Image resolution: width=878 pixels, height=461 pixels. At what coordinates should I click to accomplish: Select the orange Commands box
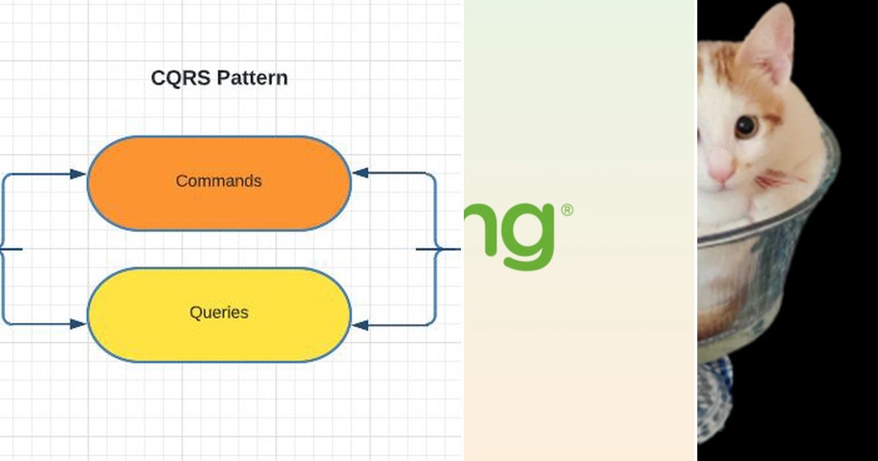point(219,182)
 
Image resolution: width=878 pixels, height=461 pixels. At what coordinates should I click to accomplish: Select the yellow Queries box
point(219,314)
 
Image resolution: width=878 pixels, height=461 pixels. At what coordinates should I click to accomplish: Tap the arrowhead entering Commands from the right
point(361,173)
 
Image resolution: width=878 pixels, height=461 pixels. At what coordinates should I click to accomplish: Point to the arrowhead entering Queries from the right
point(361,324)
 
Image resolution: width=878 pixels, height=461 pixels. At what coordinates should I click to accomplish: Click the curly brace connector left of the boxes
point(4,249)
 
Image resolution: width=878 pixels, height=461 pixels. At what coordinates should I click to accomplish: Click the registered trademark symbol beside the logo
point(567,211)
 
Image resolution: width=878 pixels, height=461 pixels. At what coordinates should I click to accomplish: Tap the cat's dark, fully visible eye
point(746,127)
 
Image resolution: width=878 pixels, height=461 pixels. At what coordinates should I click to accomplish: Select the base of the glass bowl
point(713,399)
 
